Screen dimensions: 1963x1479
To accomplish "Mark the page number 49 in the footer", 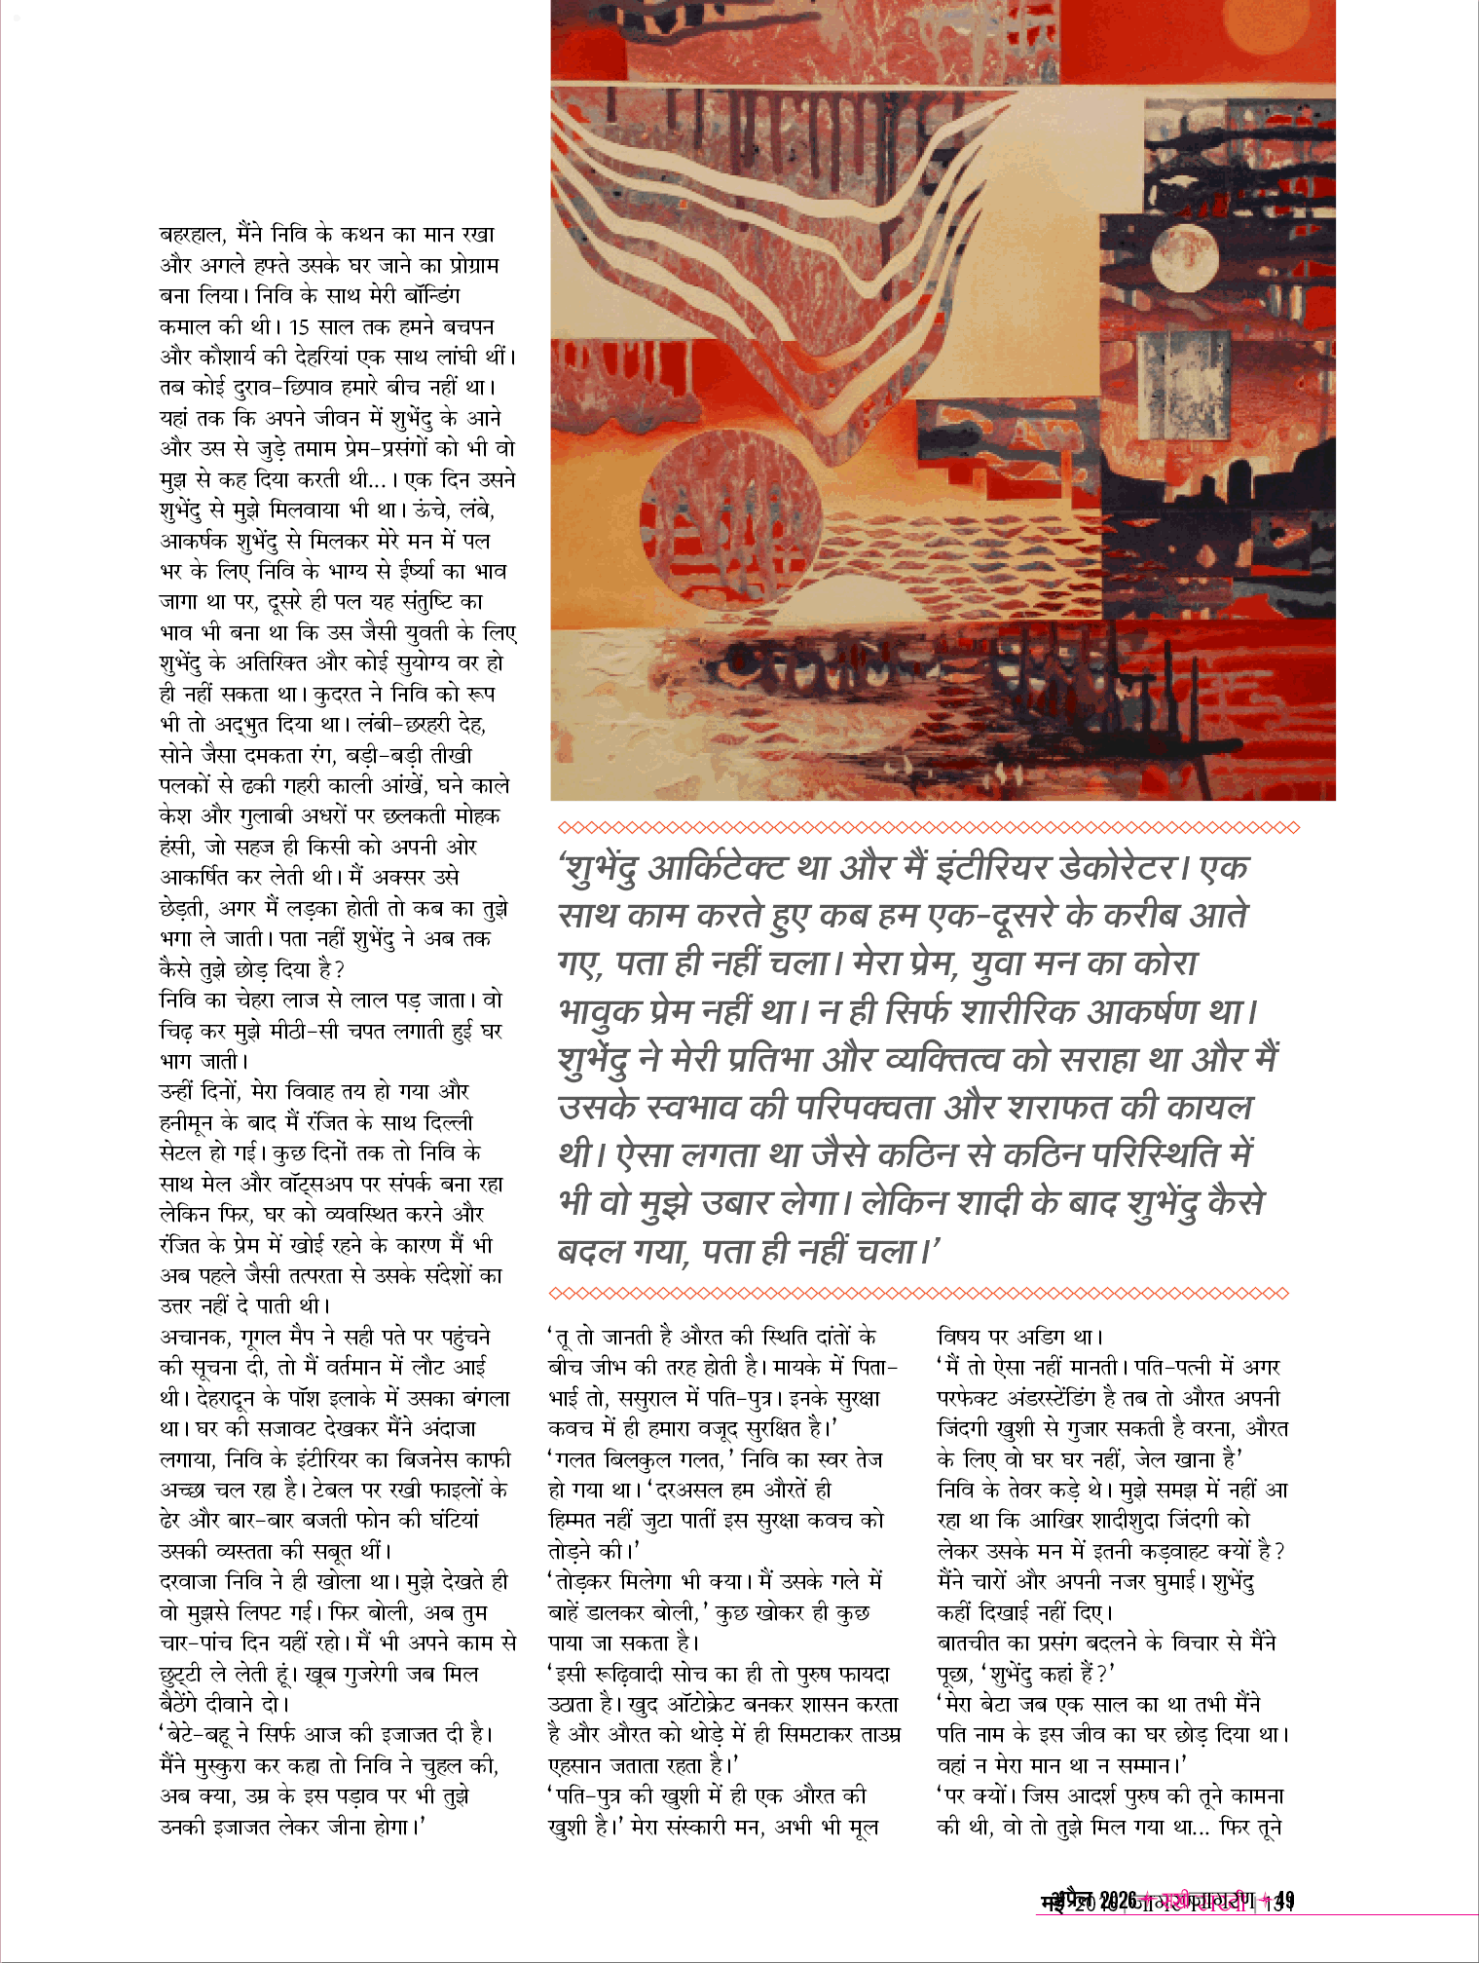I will pos(1285,1901).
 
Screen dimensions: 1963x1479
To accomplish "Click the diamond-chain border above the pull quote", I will pos(928,828).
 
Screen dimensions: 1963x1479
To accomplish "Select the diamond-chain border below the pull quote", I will pos(918,1294).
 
